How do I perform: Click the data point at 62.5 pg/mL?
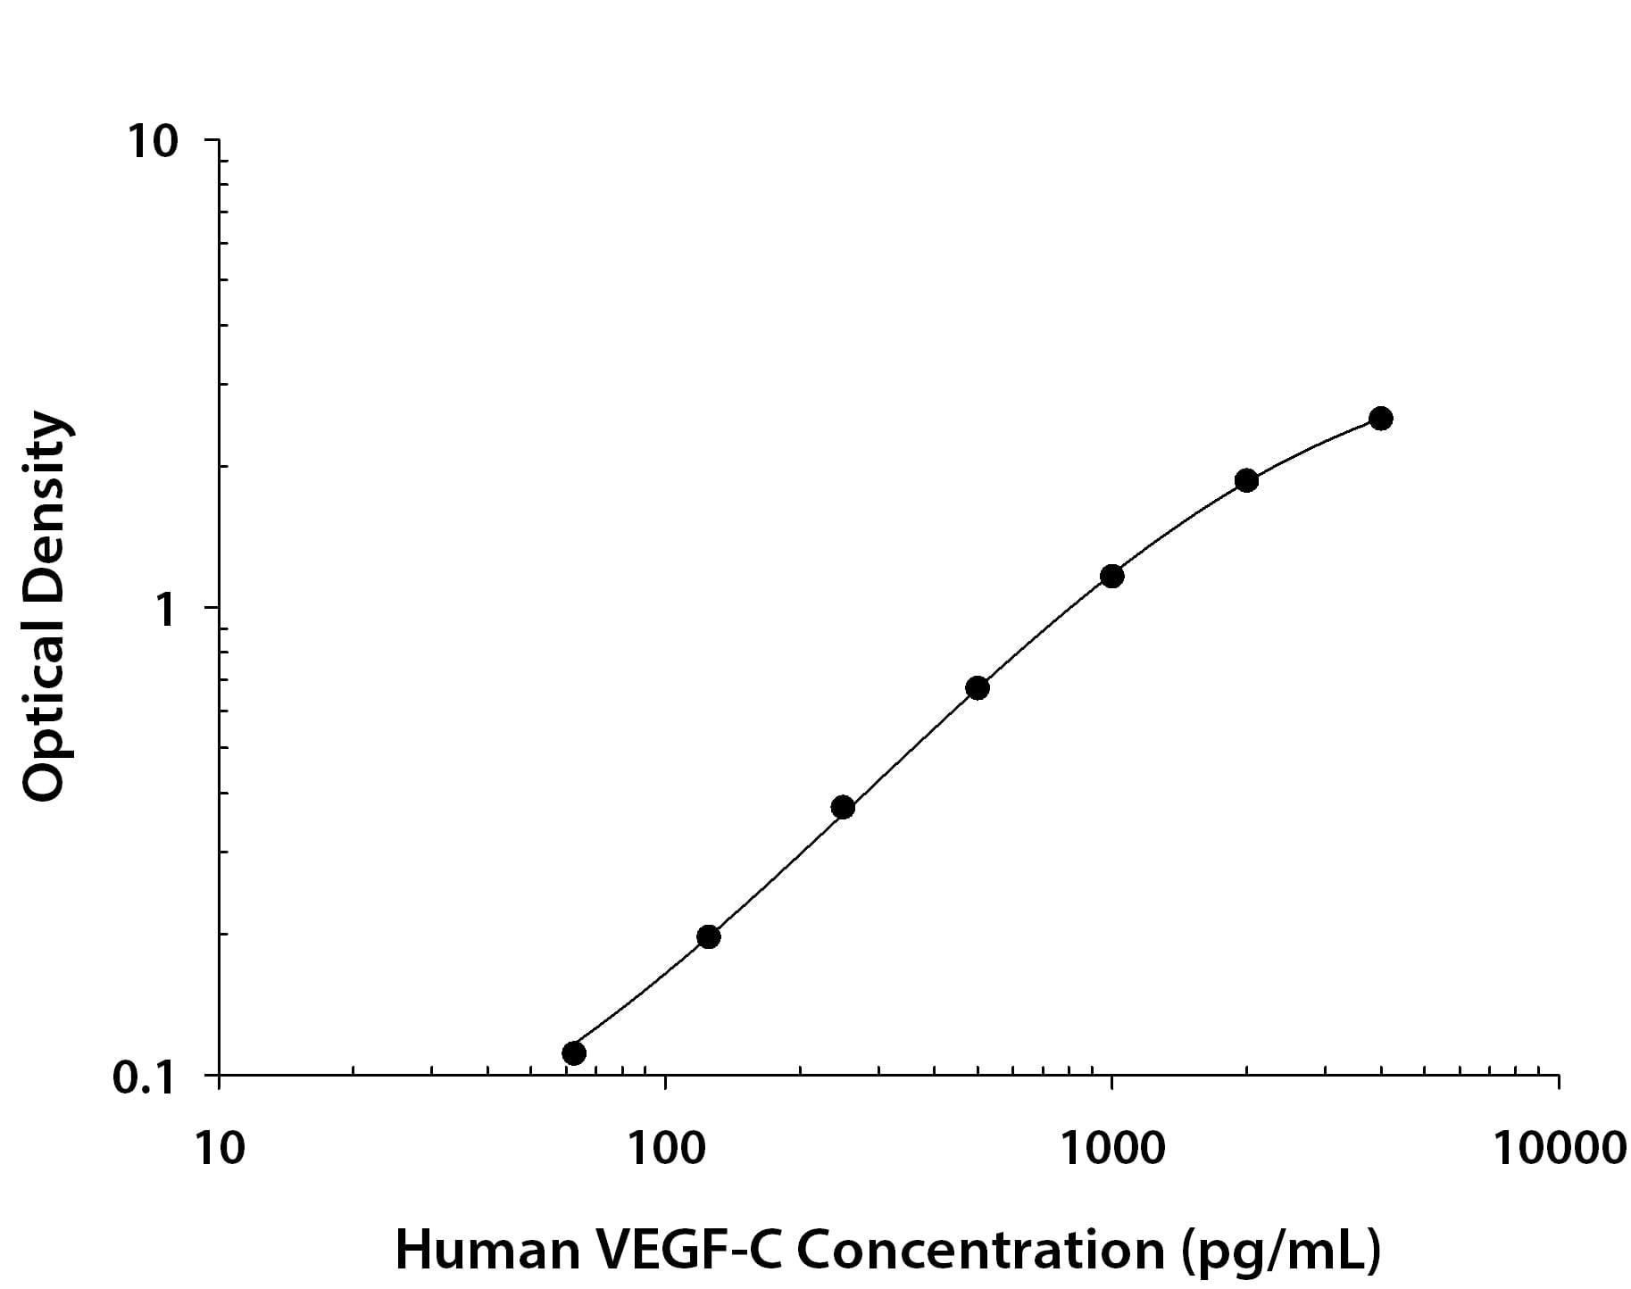574,1053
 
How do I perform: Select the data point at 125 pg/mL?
708,936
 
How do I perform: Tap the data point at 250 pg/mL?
843,808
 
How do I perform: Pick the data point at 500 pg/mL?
978,688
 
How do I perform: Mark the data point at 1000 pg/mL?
1111,576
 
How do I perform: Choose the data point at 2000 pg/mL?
1246,480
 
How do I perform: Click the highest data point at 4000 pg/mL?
1381,418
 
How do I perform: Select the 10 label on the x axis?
219,1148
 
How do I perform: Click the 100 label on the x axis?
664,1148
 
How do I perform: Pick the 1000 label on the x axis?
1111,1148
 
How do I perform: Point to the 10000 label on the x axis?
1559,1148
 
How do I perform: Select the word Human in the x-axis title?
487,1250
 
